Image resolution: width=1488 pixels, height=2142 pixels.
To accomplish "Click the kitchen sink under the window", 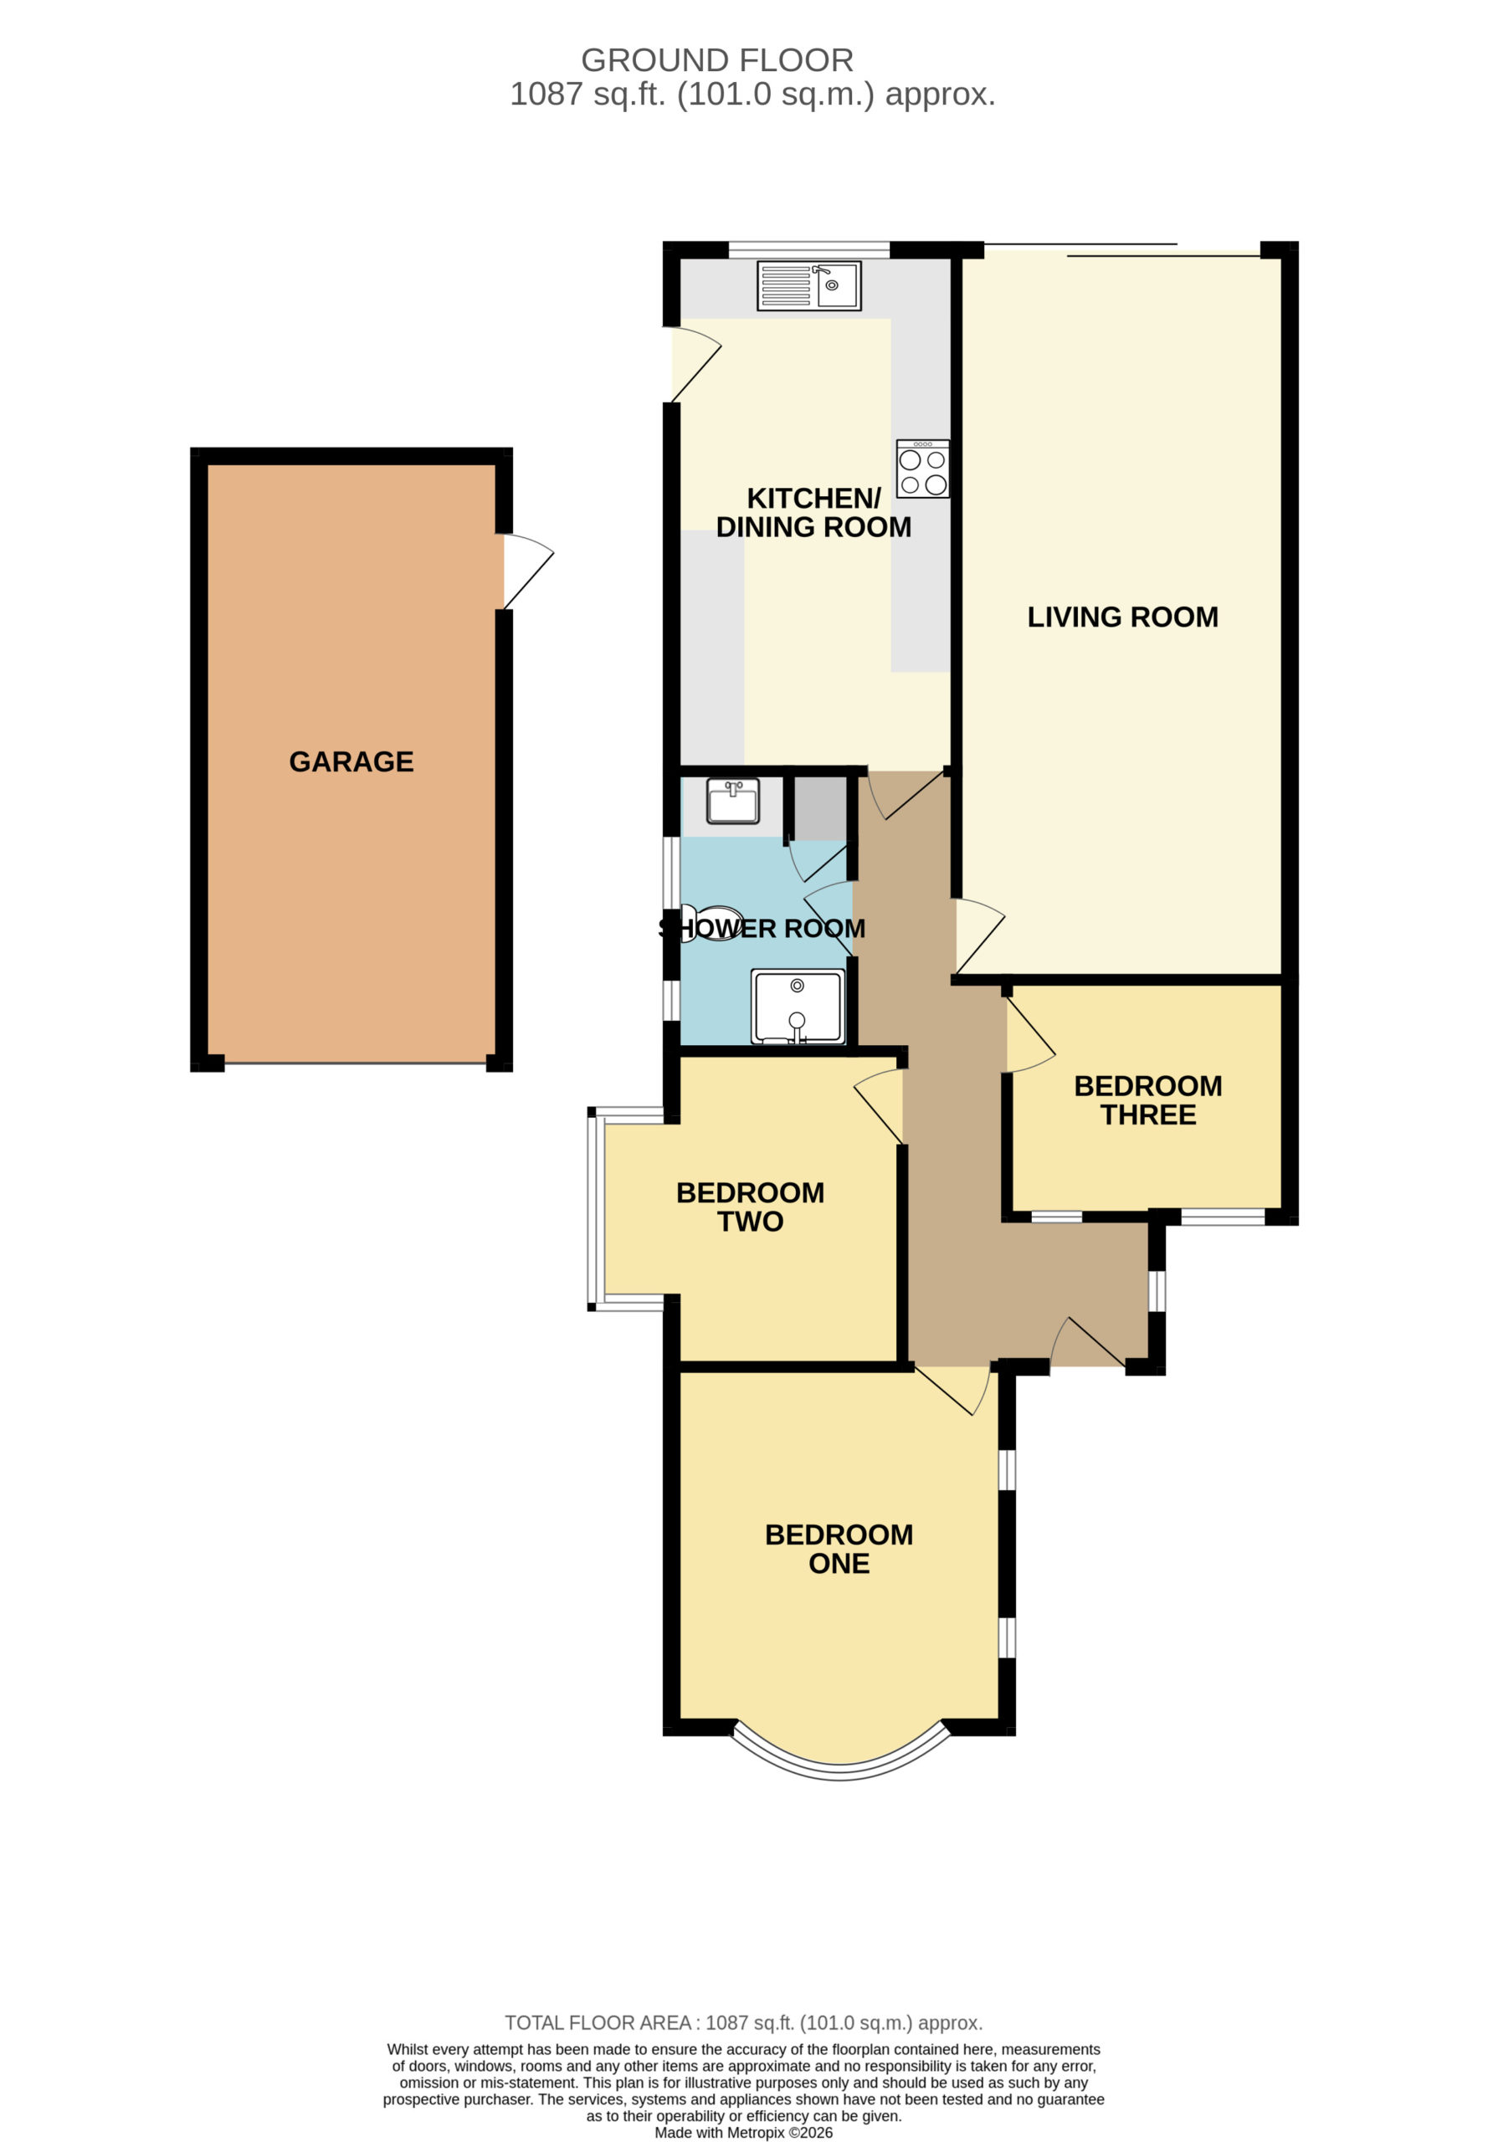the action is (x=808, y=285).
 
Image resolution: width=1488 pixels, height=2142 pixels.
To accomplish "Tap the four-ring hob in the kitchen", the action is (x=923, y=468).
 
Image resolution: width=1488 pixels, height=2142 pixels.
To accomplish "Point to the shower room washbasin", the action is (x=733, y=802).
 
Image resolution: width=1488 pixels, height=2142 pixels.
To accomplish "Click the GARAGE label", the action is (x=351, y=761).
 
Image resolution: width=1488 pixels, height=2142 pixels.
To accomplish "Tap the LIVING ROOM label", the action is (x=1122, y=617).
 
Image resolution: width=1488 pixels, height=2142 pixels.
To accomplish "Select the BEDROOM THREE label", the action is (x=1147, y=1100).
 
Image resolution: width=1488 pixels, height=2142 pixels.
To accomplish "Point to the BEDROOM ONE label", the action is (x=839, y=1548).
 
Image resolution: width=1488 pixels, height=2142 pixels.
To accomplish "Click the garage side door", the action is (x=528, y=571).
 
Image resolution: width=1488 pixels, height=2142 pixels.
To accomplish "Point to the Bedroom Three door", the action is (x=1030, y=1036).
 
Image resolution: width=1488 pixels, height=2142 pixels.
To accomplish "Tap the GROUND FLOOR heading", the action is (x=717, y=60).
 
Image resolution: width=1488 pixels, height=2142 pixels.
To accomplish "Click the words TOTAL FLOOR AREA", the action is (x=598, y=2022).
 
